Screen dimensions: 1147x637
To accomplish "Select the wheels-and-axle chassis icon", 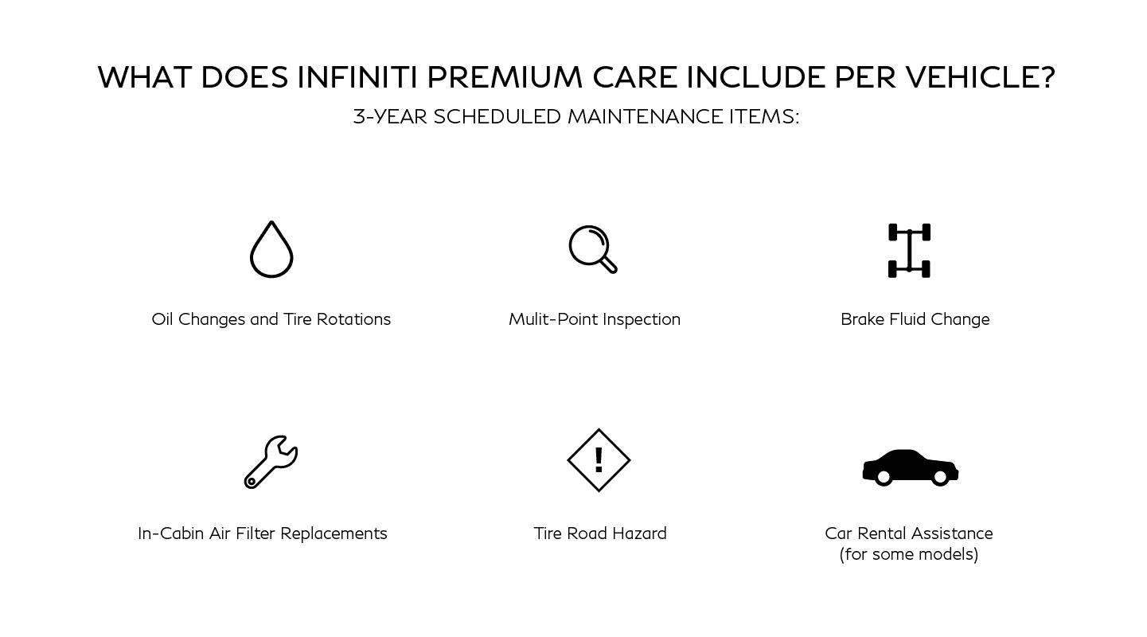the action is point(909,250).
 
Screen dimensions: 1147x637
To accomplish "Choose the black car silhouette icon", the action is point(910,467).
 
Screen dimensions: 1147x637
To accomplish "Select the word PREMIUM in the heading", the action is point(505,77).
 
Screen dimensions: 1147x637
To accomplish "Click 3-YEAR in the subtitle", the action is point(390,117).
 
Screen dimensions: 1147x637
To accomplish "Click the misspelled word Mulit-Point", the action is point(553,319).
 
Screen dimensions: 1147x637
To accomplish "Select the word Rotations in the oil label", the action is point(353,319).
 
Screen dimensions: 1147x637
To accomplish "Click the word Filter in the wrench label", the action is point(256,533).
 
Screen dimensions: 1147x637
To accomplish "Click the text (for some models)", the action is point(909,554).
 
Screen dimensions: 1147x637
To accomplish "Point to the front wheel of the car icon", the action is point(940,477).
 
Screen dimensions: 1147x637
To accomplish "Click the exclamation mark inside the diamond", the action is point(599,459).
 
